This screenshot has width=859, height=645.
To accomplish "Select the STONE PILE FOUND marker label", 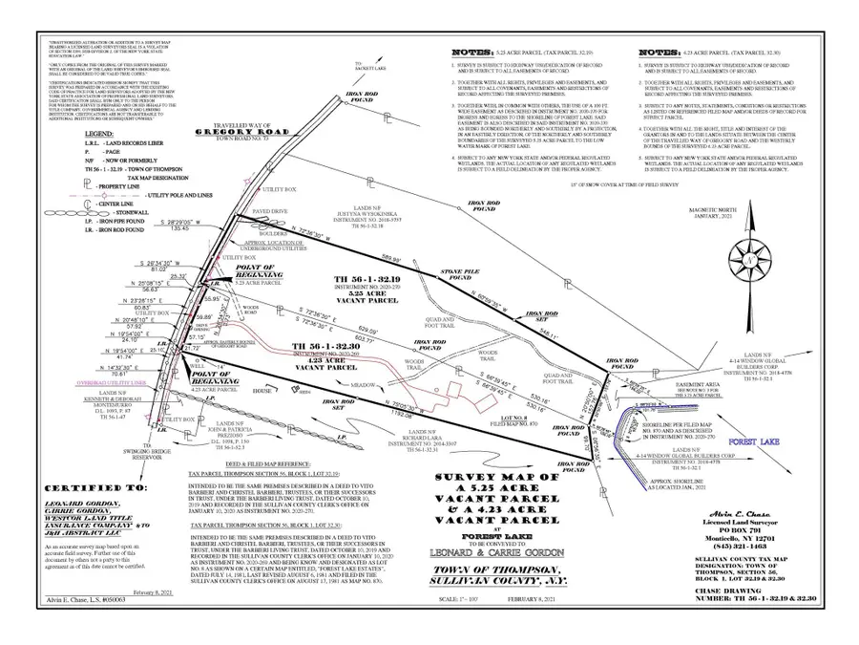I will click(x=457, y=275).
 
